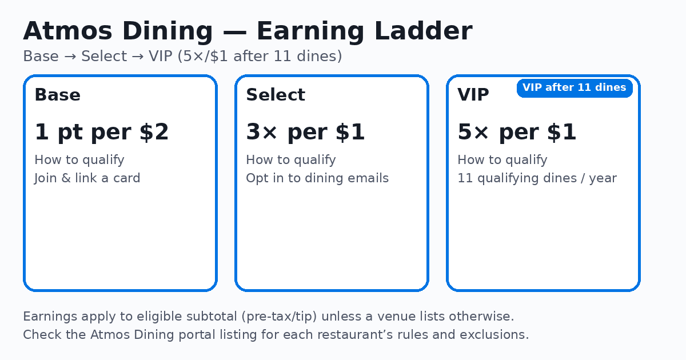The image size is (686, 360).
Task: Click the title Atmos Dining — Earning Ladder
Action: [x=248, y=31]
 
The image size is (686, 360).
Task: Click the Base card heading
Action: [x=57, y=95]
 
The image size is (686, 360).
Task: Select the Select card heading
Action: [x=276, y=95]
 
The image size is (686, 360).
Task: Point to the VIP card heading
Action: [x=473, y=95]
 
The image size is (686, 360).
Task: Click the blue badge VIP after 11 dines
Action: [x=575, y=88]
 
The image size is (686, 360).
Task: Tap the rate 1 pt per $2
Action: [x=102, y=133]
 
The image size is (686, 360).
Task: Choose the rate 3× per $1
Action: [x=305, y=133]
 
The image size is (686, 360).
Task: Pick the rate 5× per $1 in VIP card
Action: [x=517, y=133]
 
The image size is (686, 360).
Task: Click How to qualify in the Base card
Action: [x=79, y=160]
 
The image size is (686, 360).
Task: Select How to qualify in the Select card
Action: [x=291, y=160]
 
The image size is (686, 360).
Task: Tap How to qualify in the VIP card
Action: [x=502, y=160]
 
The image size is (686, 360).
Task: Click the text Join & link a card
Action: [x=87, y=178]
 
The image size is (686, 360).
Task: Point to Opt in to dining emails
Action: [x=317, y=178]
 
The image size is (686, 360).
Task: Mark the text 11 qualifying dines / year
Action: [x=537, y=178]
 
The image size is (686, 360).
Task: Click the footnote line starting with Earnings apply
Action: [x=269, y=317]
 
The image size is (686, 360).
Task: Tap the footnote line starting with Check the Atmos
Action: [x=276, y=335]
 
